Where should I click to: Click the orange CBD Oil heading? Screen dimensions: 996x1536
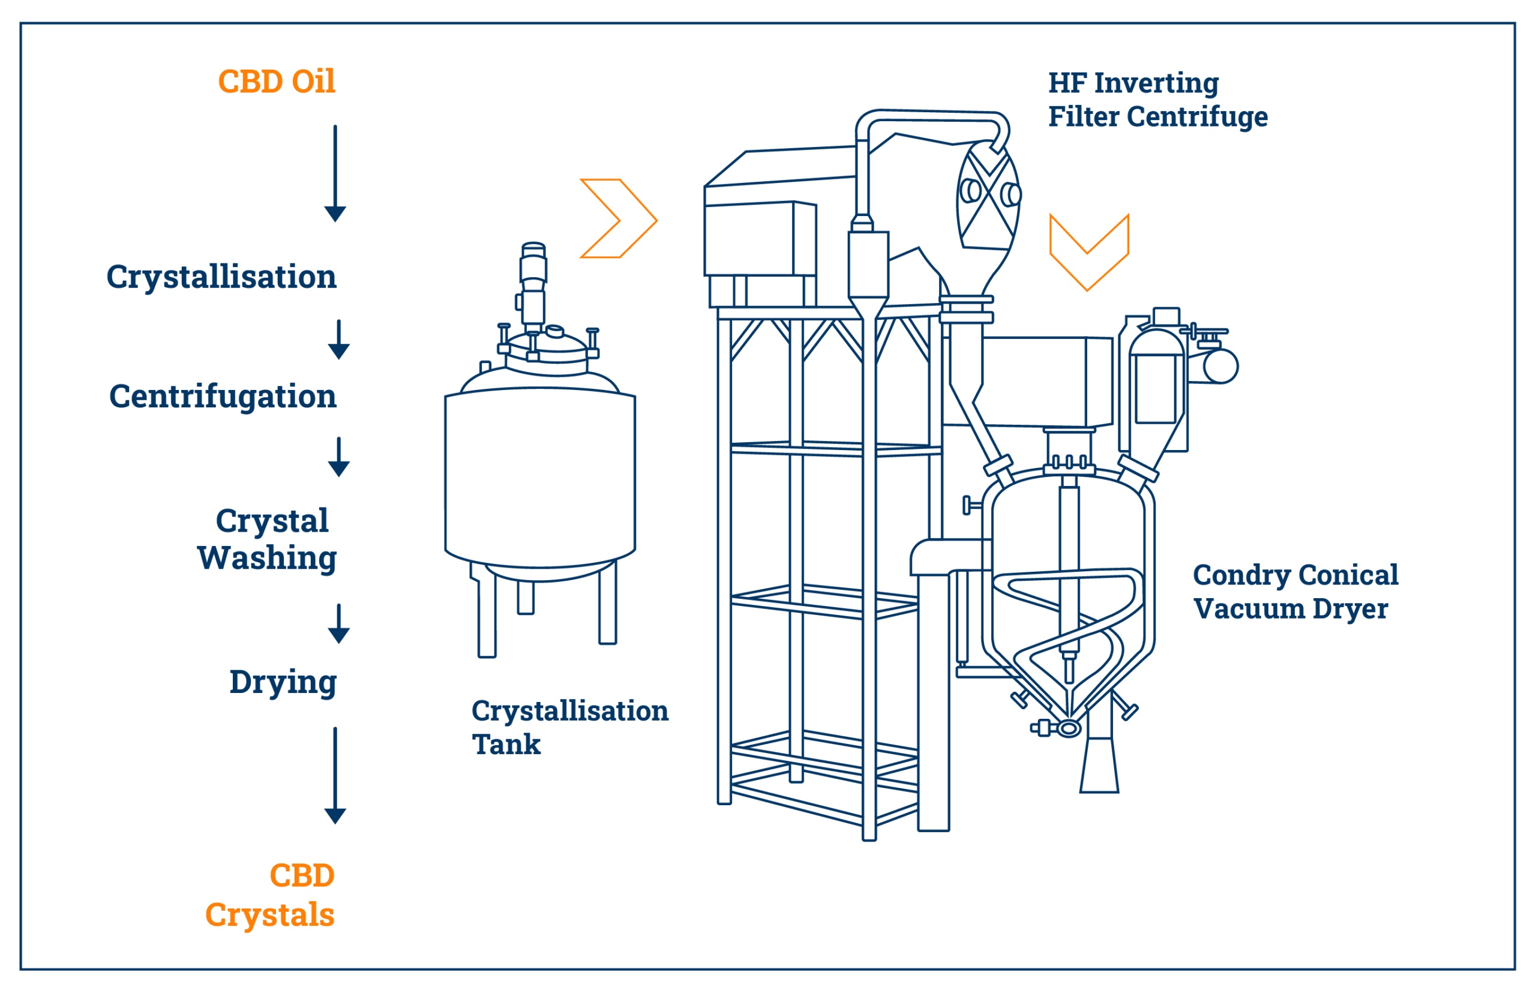click(x=276, y=82)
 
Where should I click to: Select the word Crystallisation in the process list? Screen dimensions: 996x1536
click(x=221, y=278)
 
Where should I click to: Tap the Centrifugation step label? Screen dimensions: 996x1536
click(x=223, y=397)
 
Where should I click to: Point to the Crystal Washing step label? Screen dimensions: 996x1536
click(x=267, y=539)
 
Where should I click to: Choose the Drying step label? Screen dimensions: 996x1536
click(x=283, y=682)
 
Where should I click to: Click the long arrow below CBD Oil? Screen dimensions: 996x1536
click(x=335, y=173)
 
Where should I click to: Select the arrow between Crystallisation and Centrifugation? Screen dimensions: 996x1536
click(x=339, y=340)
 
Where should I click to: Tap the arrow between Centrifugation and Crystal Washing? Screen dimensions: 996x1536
click(x=339, y=457)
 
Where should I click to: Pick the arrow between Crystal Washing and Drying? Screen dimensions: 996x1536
click(x=339, y=624)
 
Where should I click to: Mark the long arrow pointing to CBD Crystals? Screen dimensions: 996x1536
click(x=335, y=775)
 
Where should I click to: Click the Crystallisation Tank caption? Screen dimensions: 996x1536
click(x=569, y=727)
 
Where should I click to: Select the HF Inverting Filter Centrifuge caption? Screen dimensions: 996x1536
click(x=1157, y=100)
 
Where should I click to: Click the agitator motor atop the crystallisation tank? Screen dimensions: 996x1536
click(x=533, y=284)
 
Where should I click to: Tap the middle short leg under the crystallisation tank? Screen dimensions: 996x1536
click(x=526, y=597)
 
